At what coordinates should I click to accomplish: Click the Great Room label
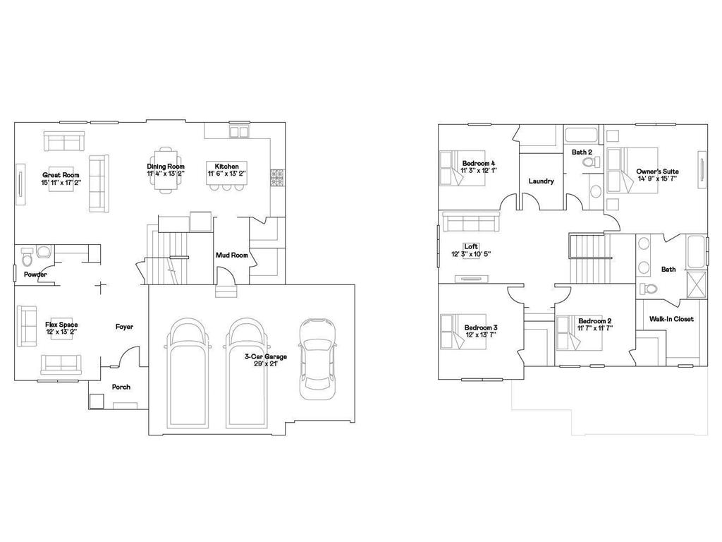61,175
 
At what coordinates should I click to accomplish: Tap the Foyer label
125,327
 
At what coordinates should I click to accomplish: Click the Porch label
121,387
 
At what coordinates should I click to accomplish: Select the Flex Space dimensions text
61,332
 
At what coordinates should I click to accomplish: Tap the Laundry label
541,181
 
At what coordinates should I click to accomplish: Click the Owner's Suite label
657,171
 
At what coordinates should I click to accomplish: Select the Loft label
472,246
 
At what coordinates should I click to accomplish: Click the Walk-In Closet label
671,319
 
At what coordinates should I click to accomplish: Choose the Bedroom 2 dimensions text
595,328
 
